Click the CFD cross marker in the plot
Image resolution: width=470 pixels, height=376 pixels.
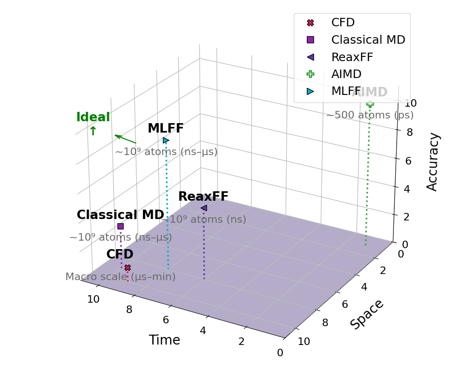[x=127, y=268]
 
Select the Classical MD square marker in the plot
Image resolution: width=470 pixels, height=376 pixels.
[x=120, y=226]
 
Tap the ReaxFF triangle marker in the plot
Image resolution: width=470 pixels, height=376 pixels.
[x=204, y=208]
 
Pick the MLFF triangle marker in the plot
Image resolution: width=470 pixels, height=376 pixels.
[x=166, y=140]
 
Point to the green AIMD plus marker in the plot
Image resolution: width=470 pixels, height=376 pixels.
[x=370, y=104]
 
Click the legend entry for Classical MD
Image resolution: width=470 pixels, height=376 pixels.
[x=368, y=40]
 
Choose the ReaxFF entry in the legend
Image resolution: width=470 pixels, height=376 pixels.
[x=352, y=57]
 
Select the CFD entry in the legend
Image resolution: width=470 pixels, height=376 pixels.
[x=343, y=23]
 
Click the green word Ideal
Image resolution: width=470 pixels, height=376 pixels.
[x=93, y=117]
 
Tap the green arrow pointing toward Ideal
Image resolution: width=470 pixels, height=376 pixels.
[x=125, y=139]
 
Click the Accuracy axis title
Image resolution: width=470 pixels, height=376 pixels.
[x=433, y=162]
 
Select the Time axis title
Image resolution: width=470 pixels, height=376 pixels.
[x=164, y=340]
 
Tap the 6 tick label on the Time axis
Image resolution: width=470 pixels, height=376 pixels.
[x=166, y=320]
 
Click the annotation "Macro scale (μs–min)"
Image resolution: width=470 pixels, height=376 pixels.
[x=120, y=277]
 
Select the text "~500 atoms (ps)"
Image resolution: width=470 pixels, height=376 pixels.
[x=370, y=115]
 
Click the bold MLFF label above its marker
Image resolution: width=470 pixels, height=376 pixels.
[x=165, y=128]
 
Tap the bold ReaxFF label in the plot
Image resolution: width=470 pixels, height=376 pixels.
[x=203, y=196]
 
